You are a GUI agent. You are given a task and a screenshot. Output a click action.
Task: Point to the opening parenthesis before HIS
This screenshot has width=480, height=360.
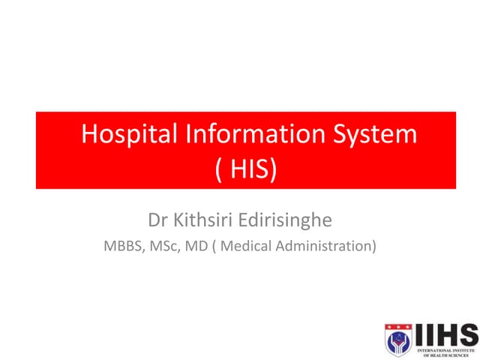(220, 170)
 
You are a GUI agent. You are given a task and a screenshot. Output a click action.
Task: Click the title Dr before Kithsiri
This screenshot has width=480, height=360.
(158, 223)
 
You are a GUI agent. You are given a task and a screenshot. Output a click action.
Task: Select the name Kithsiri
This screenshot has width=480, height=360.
(206, 223)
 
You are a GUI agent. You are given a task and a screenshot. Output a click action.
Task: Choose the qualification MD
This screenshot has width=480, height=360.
(197, 245)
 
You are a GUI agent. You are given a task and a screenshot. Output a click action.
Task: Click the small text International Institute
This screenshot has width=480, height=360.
(445, 349)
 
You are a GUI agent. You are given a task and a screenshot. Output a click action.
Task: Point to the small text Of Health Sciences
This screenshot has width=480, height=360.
(445, 355)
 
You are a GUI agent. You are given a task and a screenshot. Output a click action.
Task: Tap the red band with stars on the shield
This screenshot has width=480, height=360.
(398, 326)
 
